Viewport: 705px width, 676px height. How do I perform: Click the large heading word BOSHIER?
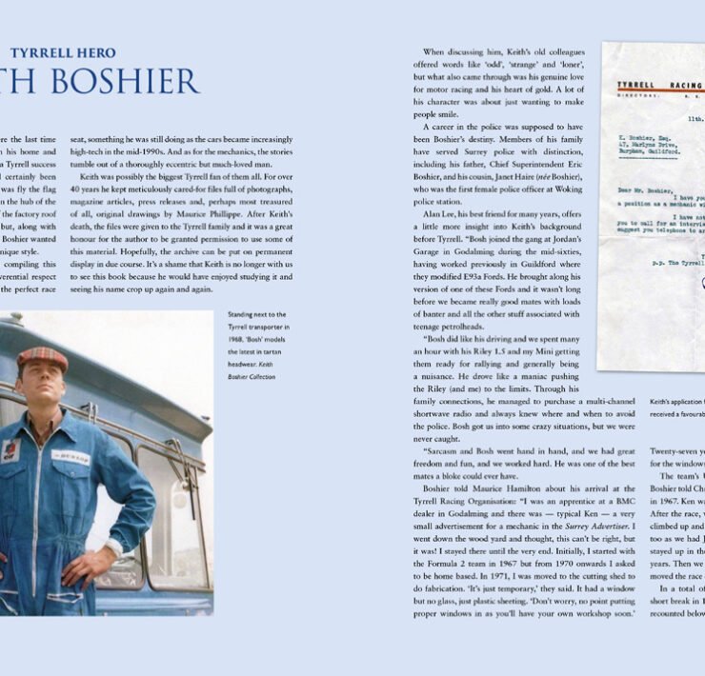123,84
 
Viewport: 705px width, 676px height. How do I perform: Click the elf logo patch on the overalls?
10,449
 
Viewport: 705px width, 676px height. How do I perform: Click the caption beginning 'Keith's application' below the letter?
675,402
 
